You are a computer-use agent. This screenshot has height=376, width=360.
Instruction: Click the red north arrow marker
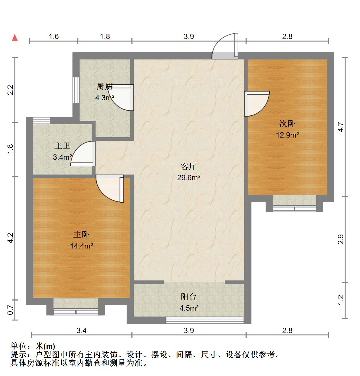[x=15, y=38]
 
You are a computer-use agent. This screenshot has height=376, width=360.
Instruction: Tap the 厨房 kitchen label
[x=105, y=87]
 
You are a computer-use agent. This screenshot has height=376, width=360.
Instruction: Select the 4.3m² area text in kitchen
[x=104, y=98]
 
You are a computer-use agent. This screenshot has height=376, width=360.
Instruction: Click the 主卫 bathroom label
[x=62, y=146]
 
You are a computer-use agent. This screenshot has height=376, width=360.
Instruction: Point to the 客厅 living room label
[x=189, y=167]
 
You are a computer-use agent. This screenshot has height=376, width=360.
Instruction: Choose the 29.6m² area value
[x=189, y=177]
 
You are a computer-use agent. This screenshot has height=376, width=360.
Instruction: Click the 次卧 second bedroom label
[x=287, y=124]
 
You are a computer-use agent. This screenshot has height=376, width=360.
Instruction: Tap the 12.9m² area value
[x=287, y=135]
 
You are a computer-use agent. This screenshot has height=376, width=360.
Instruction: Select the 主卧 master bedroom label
[x=81, y=235]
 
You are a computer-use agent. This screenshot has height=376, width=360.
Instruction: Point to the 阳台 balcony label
[x=189, y=297]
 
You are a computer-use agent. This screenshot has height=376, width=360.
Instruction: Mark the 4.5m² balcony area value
[x=189, y=308]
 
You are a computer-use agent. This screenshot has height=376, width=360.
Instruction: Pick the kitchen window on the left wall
[x=76, y=90]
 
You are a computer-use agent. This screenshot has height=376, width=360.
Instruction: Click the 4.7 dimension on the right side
[x=341, y=127]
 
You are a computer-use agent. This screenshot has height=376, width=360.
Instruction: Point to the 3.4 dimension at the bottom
[x=81, y=330]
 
